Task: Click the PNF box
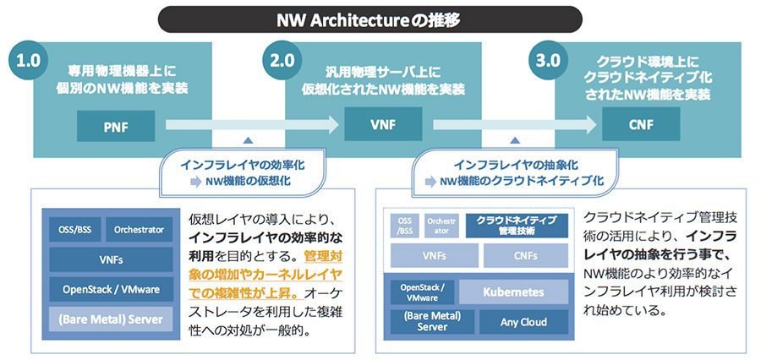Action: point(116,126)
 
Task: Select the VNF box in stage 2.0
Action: point(383,124)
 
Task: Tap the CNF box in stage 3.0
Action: point(641,124)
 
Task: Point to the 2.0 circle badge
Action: point(282,60)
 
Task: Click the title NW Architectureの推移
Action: point(370,20)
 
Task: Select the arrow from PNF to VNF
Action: point(252,125)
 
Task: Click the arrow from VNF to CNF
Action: point(514,125)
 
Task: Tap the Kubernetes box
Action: point(513,292)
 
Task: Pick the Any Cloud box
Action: point(523,322)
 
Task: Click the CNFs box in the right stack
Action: point(526,256)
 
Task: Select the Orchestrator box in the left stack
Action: point(139,230)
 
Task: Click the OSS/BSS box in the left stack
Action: point(75,230)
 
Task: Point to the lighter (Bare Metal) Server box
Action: point(111,319)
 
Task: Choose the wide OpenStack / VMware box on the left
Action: point(111,289)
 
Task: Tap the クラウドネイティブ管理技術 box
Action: point(517,226)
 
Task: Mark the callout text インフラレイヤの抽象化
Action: point(516,165)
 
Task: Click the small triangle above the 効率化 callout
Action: point(248,140)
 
